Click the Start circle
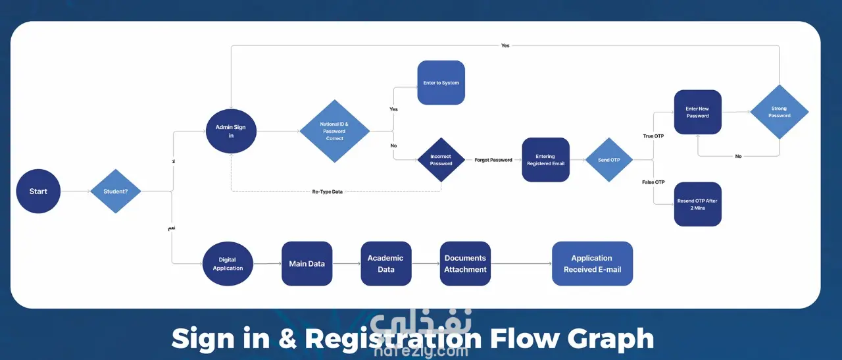(x=38, y=192)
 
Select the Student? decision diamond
(x=116, y=192)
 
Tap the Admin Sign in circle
(x=230, y=131)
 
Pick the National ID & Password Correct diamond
(x=334, y=131)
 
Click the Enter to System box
(x=441, y=83)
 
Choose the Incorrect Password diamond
(x=441, y=160)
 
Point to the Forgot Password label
(x=493, y=160)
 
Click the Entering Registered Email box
(x=545, y=160)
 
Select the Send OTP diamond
(x=610, y=160)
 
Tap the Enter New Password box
(x=697, y=113)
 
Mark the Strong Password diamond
(x=780, y=113)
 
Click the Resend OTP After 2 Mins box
(x=697, y=204)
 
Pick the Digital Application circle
(x=228, y=264)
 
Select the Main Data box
(x=307, y=264)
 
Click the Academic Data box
(x=386, y=264)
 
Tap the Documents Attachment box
(x=465, y=264)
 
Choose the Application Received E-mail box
(x=592, y=264)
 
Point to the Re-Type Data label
(x=327, y=192)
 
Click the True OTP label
(x=654, y=136)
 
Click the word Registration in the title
(x=393, y=339)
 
